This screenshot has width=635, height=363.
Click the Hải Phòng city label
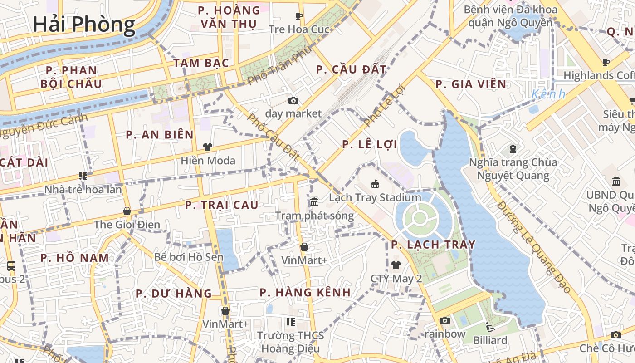84,24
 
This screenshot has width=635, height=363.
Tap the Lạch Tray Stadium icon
375,184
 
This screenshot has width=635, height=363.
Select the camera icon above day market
293,100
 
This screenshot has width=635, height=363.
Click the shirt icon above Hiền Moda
208,147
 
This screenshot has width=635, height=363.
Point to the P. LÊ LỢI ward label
370,145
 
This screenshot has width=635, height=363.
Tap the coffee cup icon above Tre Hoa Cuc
299,16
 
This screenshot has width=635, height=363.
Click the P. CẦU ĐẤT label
352,69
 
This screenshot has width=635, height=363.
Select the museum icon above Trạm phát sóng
314,202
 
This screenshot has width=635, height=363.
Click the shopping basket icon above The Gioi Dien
127,211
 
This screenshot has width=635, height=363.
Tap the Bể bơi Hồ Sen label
189,257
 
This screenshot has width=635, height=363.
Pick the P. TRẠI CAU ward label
222,205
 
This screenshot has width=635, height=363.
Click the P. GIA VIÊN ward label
471,84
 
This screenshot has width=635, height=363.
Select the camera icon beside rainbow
445,321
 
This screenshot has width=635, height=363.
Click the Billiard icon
490,327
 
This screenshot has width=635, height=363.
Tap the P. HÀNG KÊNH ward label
305,293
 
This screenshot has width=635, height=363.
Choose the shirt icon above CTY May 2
396,265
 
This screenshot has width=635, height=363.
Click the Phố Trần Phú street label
280,65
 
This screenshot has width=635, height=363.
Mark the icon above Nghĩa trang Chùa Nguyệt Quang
513,148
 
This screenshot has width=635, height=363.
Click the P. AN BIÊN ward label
160,135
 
